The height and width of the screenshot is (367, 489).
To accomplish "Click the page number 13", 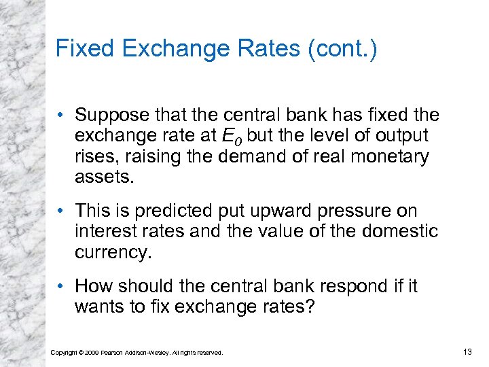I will pyautogui.click(x=467, y=351).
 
